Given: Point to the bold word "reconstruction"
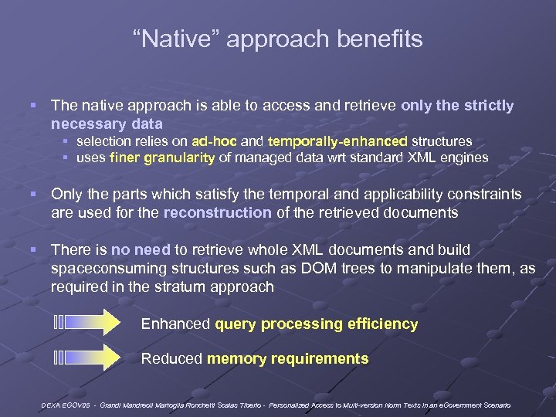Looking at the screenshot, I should (x=217, y=212).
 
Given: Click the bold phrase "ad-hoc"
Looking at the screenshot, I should (x=215, y=141).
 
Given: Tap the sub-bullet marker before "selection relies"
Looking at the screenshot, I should (x=66, y=142).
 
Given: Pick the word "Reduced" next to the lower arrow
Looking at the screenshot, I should (x=171, y=359).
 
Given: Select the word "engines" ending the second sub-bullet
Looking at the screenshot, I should (x=463, y=158).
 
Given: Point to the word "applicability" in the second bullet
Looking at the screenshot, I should (x=395, y=194).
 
